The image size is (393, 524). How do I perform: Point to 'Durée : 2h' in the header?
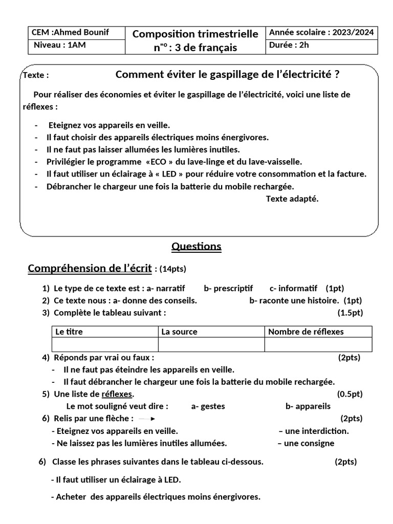(x=289, y=45)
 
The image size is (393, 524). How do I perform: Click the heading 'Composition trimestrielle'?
(x=195, y=34)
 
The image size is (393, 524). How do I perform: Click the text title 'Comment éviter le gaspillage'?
(x=227, y=75)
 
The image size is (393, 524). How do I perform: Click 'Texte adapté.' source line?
(x=292, y=199)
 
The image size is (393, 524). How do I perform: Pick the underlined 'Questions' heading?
(x=196, y=247)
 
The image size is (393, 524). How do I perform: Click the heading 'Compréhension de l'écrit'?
(x=90, y=269)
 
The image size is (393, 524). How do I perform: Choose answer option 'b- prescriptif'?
(x=228, y=288)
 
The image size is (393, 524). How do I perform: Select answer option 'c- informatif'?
(x=293, y=288)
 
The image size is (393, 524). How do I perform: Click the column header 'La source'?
(x=179, y=332)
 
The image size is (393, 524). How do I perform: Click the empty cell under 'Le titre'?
(x=104, y=345)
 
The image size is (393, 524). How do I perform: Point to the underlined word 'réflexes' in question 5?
(x=117, y=394)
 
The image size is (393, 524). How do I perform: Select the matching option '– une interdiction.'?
(x=314, y=431)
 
